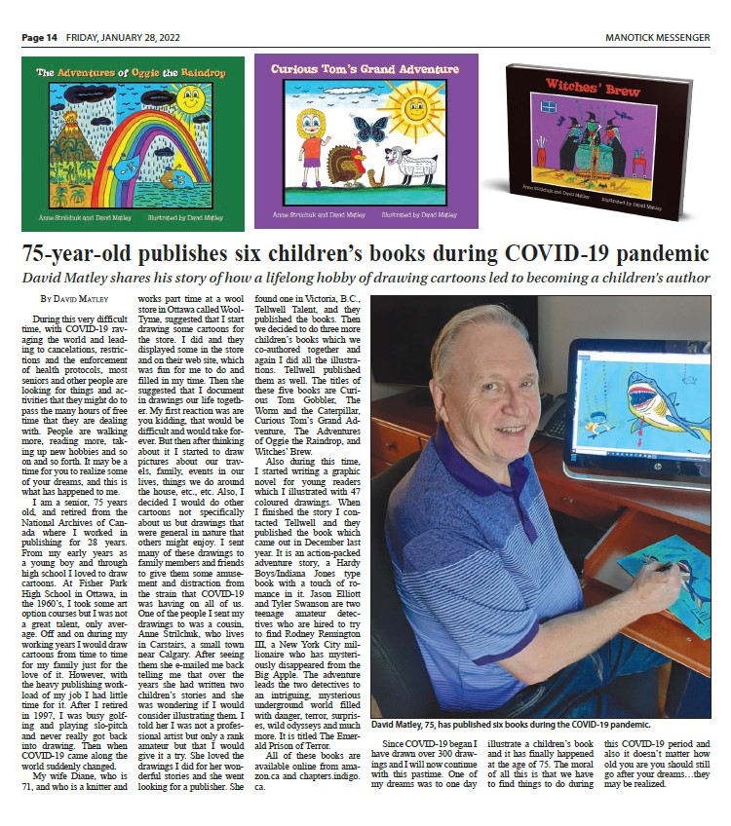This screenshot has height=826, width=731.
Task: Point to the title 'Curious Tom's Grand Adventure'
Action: coord(365,70)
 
